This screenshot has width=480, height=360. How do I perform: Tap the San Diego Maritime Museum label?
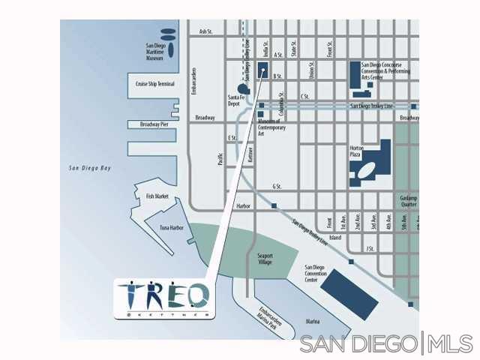point(154,52)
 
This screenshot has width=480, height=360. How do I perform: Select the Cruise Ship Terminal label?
point(155,84)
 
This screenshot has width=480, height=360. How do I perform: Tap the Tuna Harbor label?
point(171,227)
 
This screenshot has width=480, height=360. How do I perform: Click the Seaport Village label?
point(265,259)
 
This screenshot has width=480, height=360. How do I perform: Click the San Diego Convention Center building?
point(350,291)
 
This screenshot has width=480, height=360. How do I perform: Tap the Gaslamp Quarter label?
point(409,201)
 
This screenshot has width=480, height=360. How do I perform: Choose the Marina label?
point(312,321)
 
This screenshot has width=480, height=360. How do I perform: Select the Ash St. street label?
point(206,31)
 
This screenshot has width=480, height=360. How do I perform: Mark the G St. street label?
point(277,185)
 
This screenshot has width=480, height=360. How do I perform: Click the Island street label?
point(334,237)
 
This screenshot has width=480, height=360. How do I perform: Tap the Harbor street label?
point(242,205)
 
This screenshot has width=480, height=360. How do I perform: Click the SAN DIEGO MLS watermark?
point(386,344)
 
